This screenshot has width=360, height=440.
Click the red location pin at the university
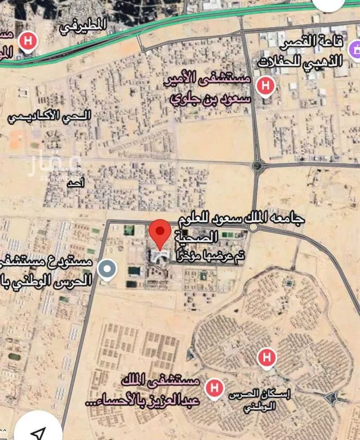(160, 232)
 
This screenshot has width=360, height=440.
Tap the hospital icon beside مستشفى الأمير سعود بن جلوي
(264, 86)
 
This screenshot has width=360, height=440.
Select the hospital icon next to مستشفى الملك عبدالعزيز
(214, 387)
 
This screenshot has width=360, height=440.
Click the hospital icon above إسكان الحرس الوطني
(266, 357)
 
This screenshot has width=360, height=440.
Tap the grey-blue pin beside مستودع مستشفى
(107, 269)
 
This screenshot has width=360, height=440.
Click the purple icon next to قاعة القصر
(355, 48)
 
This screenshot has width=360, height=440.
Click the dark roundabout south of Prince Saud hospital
(258, 166)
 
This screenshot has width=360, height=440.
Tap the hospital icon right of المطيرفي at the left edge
(28, 41)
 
